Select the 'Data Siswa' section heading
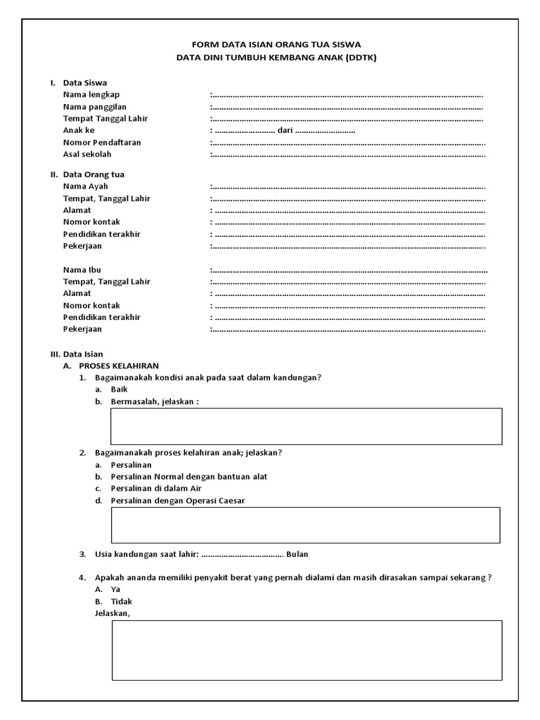[x=85, y=83]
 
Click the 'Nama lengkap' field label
[x=91, y=95]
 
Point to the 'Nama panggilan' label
[x=95, y=107]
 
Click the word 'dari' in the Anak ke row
[x=285, y=131]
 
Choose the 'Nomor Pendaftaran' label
[x=102, y=143]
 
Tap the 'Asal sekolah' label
[x=87, y=155]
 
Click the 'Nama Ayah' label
[x=86, y=186]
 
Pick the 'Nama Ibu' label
[x=82, y=270]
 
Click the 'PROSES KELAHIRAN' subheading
[x=119, y=366]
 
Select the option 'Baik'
[x=119, y=390]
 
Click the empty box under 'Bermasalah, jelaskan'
[x=306, y=426]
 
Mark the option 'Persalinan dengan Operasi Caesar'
[x=178, y=501]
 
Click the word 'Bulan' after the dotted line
[x=297, y=554]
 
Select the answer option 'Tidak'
[x=121, y=602]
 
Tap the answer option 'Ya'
[x=116, y=590]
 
